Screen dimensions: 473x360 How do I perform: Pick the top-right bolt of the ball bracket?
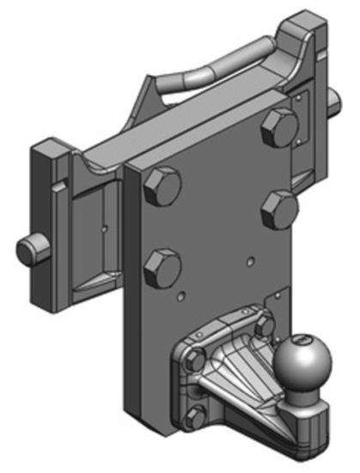point(259,323)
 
